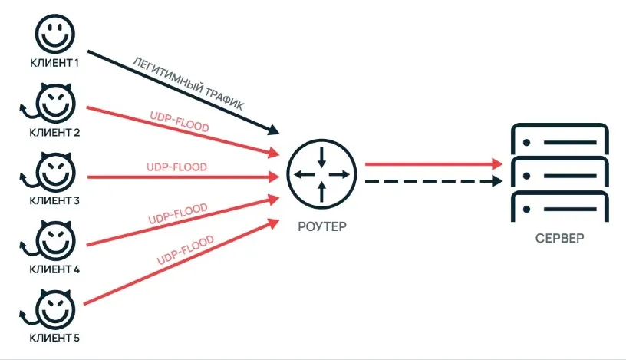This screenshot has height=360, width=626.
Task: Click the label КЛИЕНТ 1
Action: (54, 63)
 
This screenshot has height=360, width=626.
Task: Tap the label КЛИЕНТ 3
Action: (54, 200)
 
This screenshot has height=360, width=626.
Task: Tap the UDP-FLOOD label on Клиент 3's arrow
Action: (176, 166)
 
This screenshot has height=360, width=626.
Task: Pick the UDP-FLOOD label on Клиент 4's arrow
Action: (178, 214)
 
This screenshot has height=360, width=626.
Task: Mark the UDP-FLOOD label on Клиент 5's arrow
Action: (185, 250)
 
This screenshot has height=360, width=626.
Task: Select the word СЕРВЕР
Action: (559, 239)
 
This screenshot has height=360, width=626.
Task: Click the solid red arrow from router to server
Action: (433, 163)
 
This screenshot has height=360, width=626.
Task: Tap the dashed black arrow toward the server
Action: (433, 182)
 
